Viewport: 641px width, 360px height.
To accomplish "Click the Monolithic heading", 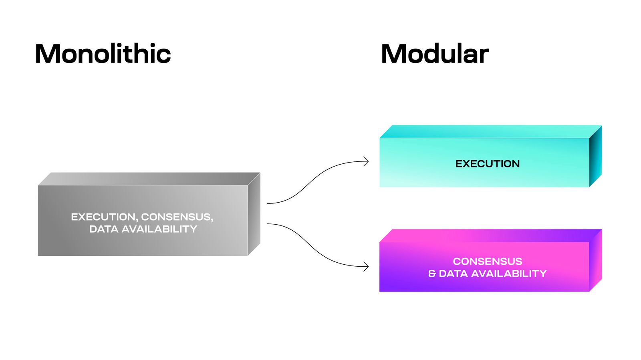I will coord(103,54).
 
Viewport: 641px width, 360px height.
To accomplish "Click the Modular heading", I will coord(435,54).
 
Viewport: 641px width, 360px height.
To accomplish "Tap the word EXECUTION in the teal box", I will coord(487,164).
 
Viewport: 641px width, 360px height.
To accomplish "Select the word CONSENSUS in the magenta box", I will coord(487,261).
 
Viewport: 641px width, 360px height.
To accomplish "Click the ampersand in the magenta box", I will coord(432,274).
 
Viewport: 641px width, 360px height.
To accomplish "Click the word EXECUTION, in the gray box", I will coord(105,217).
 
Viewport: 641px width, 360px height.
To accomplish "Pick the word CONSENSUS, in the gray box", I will coord(177,217).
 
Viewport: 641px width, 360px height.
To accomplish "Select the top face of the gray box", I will coord(148,179).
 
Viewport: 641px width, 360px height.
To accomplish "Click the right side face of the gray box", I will coord(254,214).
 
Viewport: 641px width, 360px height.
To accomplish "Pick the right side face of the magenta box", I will coord(595,260).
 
